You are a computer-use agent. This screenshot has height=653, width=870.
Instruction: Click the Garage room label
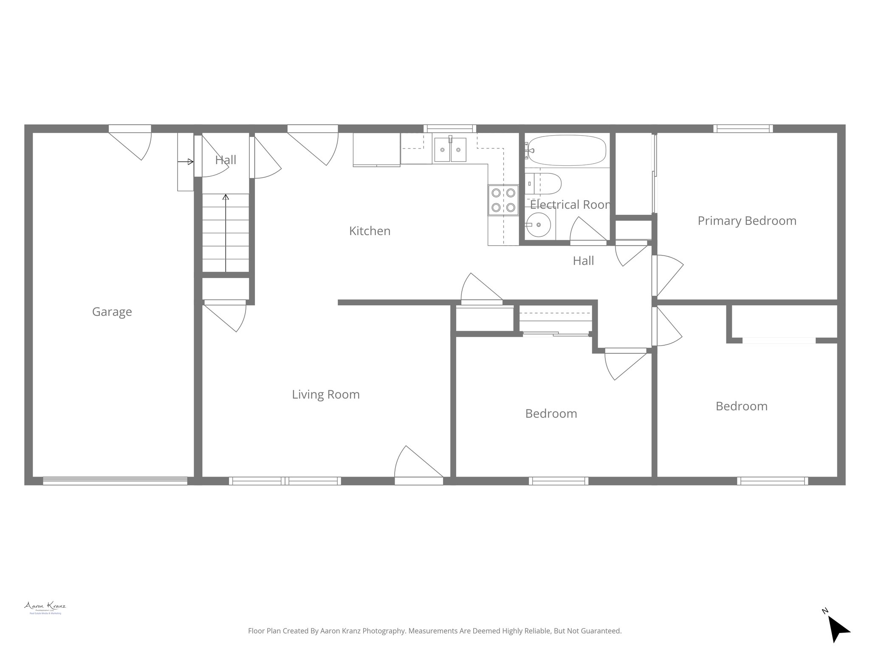pos(112,312)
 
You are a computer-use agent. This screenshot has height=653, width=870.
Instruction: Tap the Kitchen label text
pos(370,231)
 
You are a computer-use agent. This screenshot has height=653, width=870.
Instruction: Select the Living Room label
pos(326,395)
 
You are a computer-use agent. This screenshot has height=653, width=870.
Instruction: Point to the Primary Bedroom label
pos(747,221)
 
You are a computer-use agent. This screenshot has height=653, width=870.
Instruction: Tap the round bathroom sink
pos(538,224)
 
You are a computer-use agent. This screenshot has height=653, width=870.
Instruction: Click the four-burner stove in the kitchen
pos(503,200)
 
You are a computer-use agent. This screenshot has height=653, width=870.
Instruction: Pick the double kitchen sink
pos(450,150)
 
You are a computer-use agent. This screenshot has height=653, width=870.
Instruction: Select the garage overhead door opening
pos(115,481)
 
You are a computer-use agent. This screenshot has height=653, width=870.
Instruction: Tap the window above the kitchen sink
pos(450,128)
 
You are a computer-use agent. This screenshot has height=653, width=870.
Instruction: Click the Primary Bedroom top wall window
pos(743,128)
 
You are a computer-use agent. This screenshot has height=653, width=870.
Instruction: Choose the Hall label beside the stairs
pos(226,160)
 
